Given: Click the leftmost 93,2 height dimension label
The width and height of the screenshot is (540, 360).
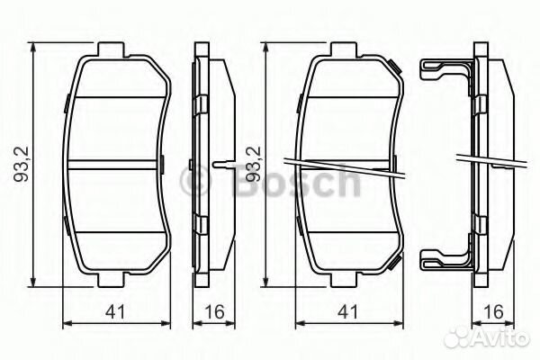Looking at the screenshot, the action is click(22, 164).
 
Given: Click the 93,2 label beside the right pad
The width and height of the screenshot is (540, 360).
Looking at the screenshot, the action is click(254, 164).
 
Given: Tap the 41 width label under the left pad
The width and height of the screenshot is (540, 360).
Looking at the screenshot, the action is click(115, 311).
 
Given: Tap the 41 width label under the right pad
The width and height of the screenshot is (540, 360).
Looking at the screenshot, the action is click(347, 311).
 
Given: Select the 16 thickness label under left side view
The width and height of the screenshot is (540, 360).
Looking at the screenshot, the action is click(214, 311).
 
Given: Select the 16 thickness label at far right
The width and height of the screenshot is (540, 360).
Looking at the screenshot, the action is click(493, 311).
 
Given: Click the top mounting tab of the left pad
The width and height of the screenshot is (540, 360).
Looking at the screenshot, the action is click(111, 49).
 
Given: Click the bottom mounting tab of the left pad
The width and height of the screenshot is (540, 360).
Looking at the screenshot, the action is click(111, 280).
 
